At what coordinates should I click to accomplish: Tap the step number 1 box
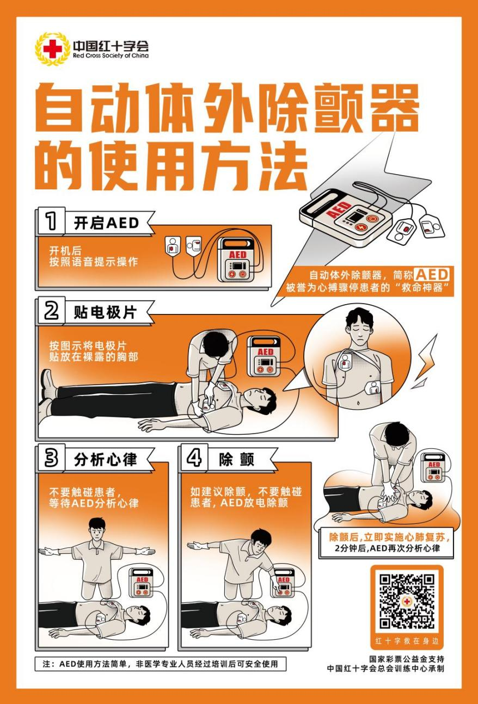tap(51, 221)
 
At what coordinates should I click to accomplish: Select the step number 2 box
tap(51, 311)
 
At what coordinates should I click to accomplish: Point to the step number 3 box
tap(51, 459)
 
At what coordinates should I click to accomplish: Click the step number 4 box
tap(194, 459)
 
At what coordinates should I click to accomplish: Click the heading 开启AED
tap(106, 223)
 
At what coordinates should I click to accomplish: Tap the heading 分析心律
tap(105, 460)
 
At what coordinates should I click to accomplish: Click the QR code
tap(407, 601)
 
